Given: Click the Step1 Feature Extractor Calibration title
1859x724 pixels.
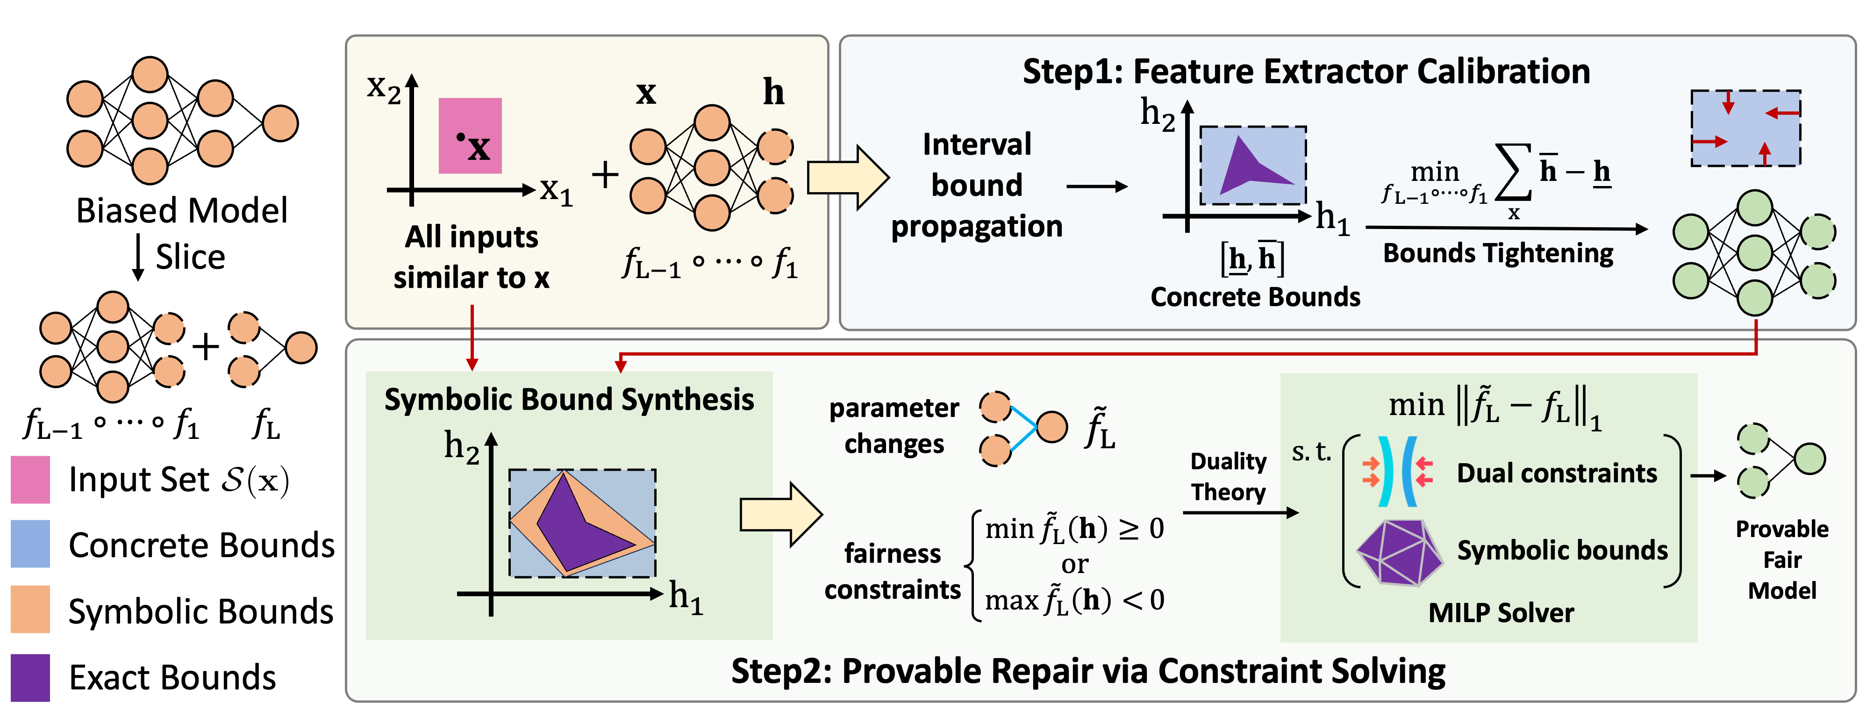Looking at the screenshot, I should coord(1306,72).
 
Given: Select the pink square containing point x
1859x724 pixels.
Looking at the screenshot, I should coord(470,136).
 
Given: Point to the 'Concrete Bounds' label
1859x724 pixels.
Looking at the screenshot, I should coord(1255,297).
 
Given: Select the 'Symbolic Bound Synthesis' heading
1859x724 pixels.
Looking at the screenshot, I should coord(569,399).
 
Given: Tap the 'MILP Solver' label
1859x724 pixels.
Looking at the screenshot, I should coord(1501,613).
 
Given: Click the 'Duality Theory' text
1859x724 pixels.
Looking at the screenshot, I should coord(1228,476).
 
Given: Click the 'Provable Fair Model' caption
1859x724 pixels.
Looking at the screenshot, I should coord(1782,560).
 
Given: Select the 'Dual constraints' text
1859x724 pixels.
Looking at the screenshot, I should coord(1557,473).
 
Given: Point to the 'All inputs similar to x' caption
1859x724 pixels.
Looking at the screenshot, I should coord(471,257).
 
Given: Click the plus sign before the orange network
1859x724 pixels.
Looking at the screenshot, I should coord(605,175).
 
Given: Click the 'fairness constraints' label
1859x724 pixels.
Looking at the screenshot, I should coord(893,572).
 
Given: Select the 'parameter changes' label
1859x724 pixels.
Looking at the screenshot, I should coord(894,426).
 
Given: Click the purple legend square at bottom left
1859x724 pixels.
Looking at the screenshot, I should coord(30,677).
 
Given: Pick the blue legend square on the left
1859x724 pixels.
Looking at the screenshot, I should coord(30,544).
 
